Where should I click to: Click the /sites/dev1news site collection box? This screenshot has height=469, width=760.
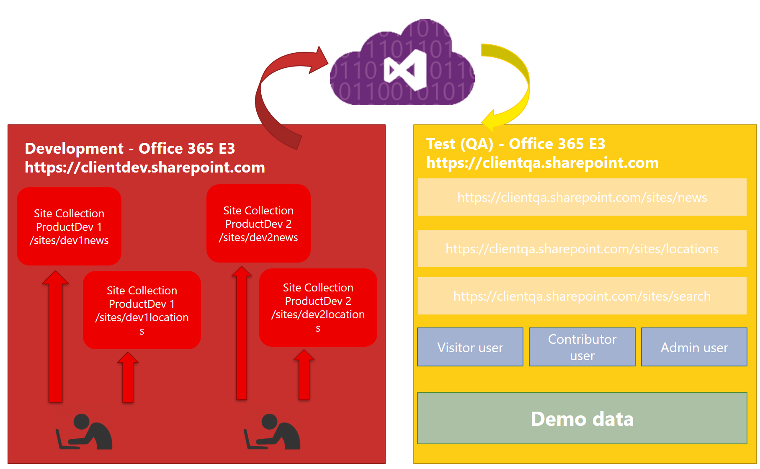pyautogui.click(x=69, y=227)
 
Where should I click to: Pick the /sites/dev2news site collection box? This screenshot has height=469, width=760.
pyautogui.click(x=258, y=224)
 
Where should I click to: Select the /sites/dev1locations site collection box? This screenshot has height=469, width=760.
pyautogui.click(x=142, y=310)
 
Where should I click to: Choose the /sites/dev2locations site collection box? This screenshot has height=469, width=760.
pyautogui.click(x=318, y=307)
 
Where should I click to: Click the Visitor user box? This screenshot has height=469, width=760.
pyautogui.click(x=470, y=347)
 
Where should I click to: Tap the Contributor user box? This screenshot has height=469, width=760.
pyautogui.click(x=582, y=347)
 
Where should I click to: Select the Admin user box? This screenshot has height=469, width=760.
pyautogui.click(x=694, y=347)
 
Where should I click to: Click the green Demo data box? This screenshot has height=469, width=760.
pyautogui.click(x=582, y=418)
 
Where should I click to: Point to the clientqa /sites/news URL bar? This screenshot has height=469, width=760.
pyautogui.click(x=582, y=197)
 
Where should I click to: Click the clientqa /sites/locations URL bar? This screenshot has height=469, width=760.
pyautogui.click(x=582, y=249)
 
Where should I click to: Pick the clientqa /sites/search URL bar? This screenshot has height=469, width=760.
pyautogui.click(x=582, y=296)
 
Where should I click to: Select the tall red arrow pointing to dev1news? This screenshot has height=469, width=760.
pyautogui.click(x=55, y=339)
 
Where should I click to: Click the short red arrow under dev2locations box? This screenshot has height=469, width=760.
pyautogui.click(x=304, y=377)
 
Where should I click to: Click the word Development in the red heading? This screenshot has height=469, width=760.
pyautogui.click(x=74, y=148)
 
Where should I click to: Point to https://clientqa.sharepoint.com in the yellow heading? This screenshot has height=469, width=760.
pyautogui.click(x=542, y=163)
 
